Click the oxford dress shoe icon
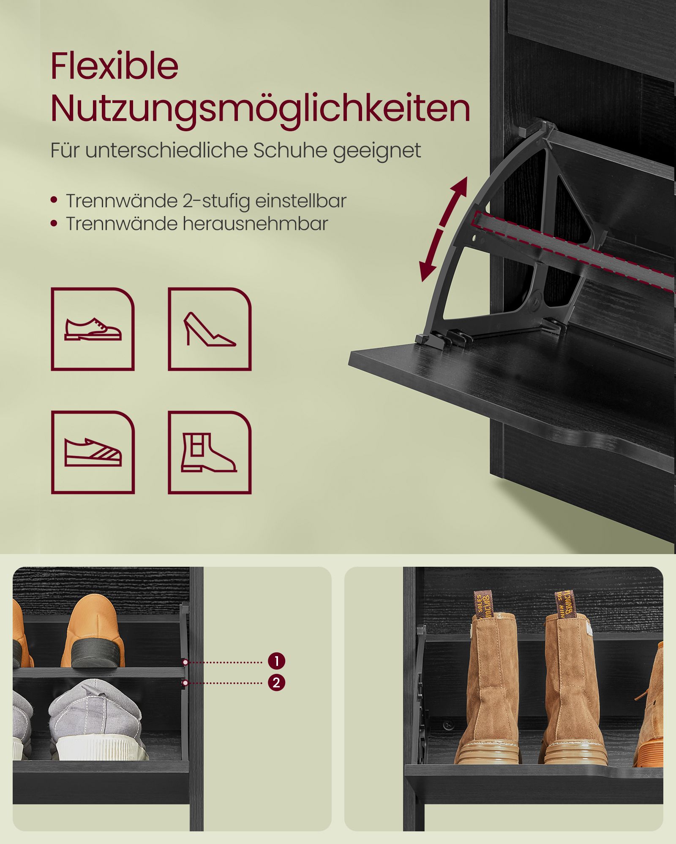[x=93, y=329]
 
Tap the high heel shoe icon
[x=209, y=329]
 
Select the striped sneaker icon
[x=93, y=452]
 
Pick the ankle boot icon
[x=209, y=452]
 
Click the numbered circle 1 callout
[x=276, y=661]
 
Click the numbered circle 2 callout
[x=276, y=683]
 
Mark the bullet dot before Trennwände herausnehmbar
[x=54, y=223]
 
